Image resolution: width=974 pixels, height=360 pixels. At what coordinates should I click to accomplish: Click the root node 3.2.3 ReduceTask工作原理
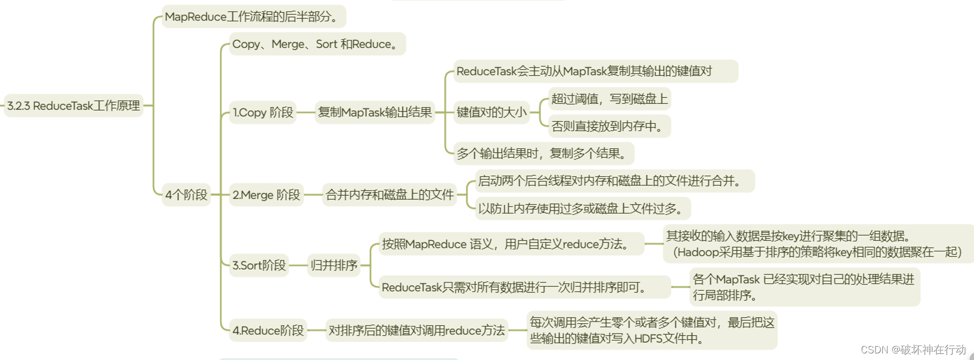[x=74, y=106]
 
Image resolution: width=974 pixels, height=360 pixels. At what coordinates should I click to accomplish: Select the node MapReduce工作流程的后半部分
[x=253, y=16]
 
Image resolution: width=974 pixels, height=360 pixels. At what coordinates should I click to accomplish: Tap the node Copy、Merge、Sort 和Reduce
[x=316, y=44]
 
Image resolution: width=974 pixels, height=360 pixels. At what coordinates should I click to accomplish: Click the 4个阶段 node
[x=186, y=195]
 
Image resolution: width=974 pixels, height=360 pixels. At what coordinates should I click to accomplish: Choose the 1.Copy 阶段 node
[x=263, y=113]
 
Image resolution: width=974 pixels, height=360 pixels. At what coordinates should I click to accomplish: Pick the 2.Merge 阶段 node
[x=266, y=195]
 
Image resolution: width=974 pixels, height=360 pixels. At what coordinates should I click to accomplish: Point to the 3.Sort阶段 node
[x=259, y=265]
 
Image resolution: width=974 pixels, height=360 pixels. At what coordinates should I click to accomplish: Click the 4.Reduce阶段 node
[x=268, y=330]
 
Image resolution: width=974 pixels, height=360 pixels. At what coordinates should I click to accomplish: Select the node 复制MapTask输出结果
[x=375, y=113]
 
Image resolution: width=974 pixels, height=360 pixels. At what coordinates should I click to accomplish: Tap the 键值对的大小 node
[x=492, y=113]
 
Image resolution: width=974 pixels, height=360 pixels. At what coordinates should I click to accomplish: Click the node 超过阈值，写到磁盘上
[x=609, y=99]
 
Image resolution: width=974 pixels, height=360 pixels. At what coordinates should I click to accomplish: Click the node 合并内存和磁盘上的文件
[x=389, y=195]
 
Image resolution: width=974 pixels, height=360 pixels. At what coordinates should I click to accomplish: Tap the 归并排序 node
[x=334, y=265]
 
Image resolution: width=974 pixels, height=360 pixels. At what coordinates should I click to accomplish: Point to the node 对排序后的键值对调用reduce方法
[x=416, y=330]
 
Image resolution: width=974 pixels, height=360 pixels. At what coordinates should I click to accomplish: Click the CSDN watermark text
[x=913, y=350]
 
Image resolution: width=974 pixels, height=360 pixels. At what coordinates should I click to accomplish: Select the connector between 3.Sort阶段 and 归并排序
[x=298, y=265]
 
